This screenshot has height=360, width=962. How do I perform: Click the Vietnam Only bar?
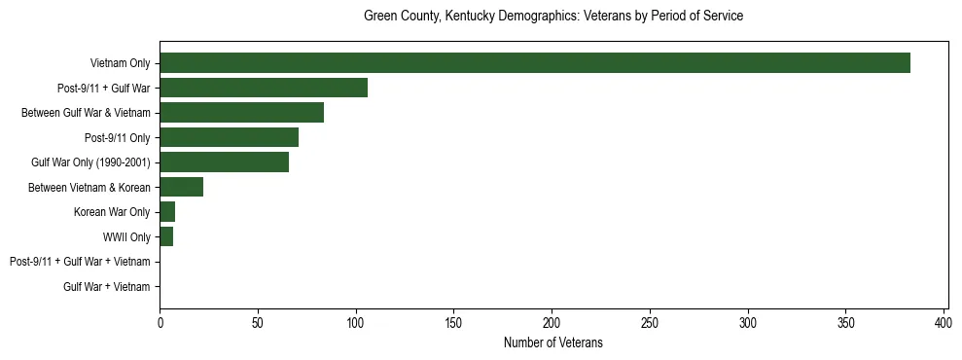[x=535, y=63]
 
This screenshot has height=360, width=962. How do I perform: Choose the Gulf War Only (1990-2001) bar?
[x=224, y=162]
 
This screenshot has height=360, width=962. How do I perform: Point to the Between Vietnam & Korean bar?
[x=181, y=187]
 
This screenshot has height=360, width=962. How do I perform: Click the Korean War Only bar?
[x=167, y=212]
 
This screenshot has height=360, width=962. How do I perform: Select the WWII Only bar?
[x=166, y=236]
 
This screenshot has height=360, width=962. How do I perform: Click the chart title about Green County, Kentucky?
[x=552, y=17]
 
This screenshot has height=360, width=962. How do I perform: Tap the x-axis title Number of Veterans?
[x=552, y=342]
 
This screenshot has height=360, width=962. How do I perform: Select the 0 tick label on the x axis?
[x=160, y=322]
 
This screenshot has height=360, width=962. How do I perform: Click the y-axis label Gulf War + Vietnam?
[x=106, y=286]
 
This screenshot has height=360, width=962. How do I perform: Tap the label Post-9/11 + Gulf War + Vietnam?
[x=80, y=262]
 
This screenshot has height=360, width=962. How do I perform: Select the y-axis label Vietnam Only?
[x=120, y=63]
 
